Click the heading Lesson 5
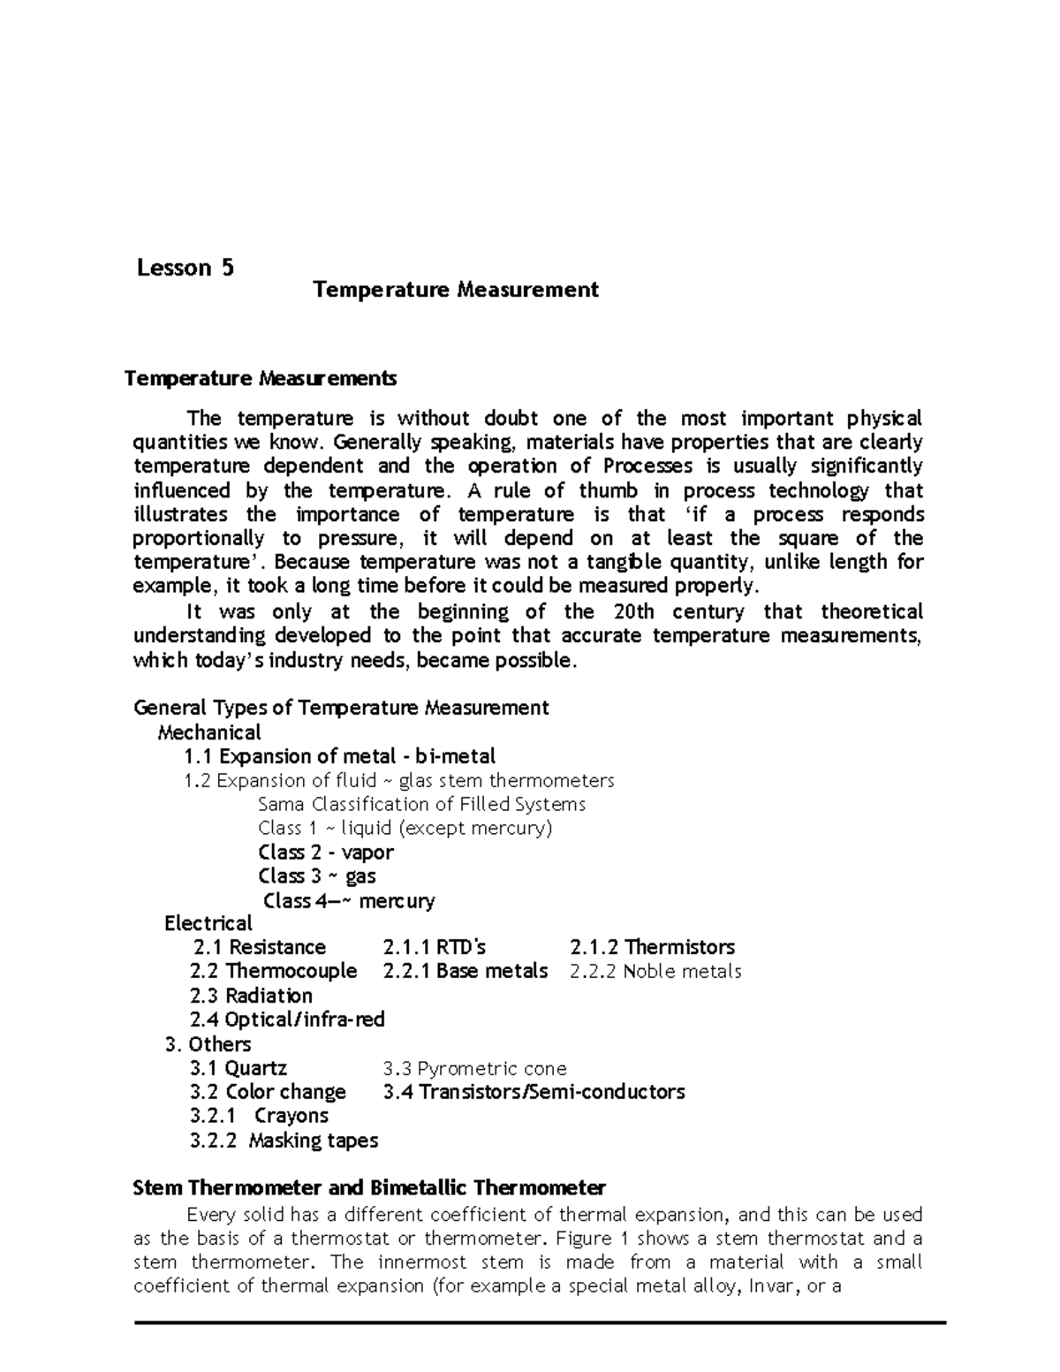pos(185,268)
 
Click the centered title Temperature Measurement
pos(456,290)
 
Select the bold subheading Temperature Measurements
pos(261,379)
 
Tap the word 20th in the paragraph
pos(632,611)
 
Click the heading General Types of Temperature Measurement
pos(340,708)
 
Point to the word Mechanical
pos(208,732)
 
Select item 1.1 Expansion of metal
pos(339,756)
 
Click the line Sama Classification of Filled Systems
pos(421,804)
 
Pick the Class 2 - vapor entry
pos(325,853)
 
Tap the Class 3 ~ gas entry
pos(316,876)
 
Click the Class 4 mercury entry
pos(349,901)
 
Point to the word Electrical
pos(208,924)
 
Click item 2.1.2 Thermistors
pos(652,948)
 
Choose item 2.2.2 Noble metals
pos(655,972)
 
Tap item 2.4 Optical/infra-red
pos(287,1020)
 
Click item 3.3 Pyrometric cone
pos(474,1068)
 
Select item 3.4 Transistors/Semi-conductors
pos(534,1092)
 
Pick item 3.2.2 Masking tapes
pos(284,1141)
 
